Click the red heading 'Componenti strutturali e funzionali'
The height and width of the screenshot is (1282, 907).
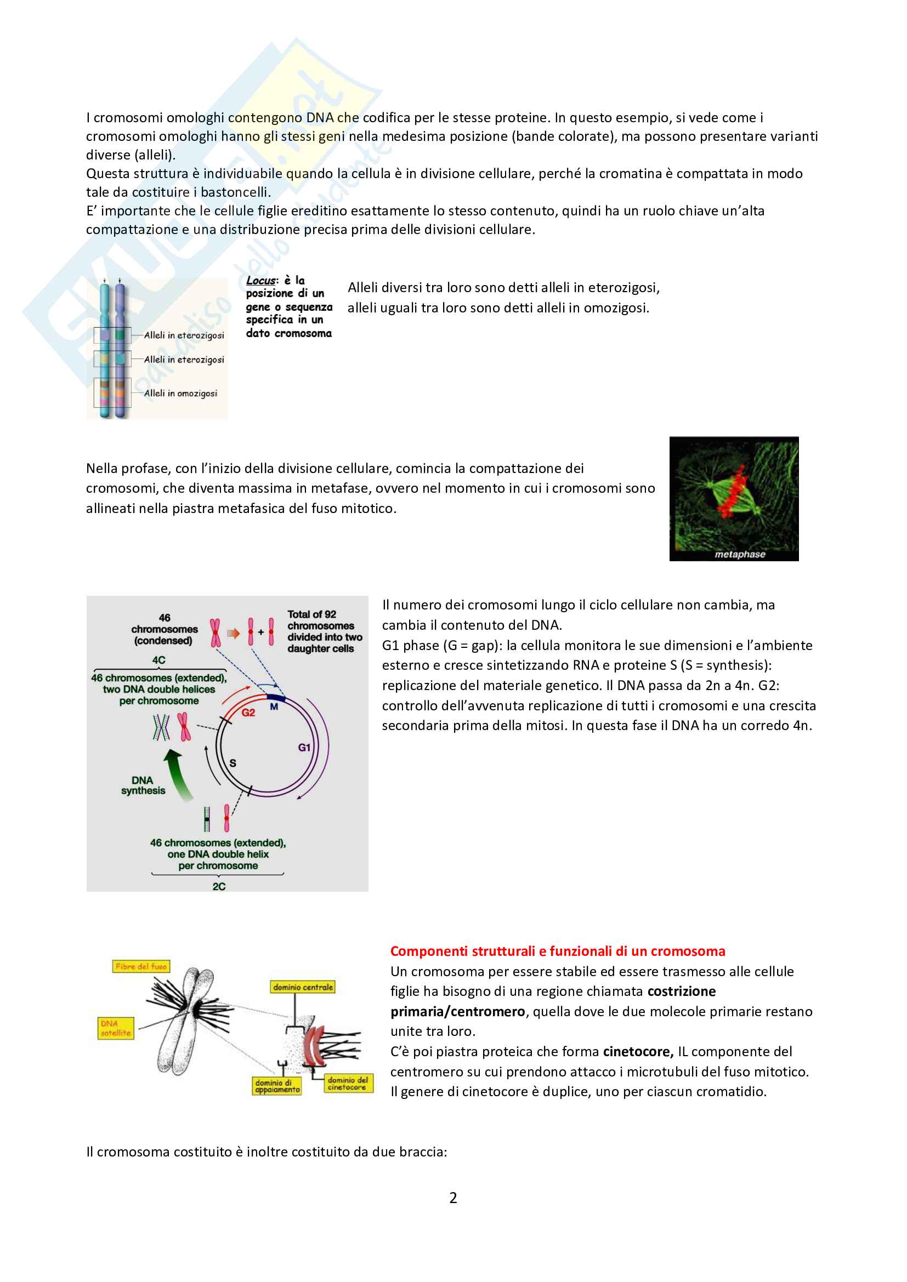(x=557, y=951)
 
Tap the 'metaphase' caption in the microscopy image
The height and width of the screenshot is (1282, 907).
(x=739, y=555)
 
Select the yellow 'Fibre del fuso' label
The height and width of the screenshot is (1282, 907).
(x=141, y=966)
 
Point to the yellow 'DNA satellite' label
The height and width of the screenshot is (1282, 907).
(x=116, y=1028)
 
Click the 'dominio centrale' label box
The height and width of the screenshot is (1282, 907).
(x=303, y=987)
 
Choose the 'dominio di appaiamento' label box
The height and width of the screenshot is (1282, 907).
(x=277, y=1086)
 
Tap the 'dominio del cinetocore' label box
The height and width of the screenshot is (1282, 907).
(x=348, y=1083)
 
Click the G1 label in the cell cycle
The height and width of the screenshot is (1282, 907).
(x=304, y=747)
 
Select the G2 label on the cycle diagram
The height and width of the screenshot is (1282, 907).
(x=248, y=713)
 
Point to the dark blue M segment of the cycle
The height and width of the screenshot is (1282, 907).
(x=276, y=698)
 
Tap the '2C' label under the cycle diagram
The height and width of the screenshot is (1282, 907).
(x=219, y=886)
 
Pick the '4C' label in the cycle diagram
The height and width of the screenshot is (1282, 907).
(x=158, y=660)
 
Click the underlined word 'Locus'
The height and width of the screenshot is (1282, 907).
(x=261, y=280)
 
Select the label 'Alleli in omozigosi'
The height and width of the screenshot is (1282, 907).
(x=180, y=393)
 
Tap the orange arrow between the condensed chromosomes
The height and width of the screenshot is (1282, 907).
(x=234, y=633)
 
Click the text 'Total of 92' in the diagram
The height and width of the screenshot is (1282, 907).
(x=311, y=614)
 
